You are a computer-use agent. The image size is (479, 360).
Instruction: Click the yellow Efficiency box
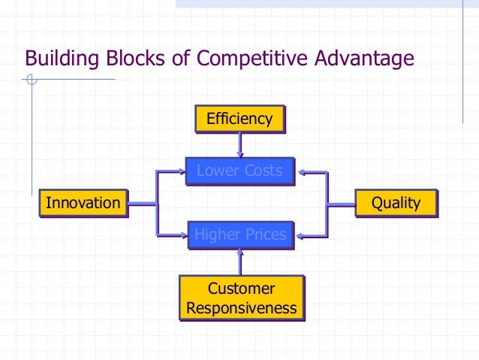pyautogui.click(x=239, y=119)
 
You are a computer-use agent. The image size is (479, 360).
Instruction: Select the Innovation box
pyautogui.click(x=83, y=203)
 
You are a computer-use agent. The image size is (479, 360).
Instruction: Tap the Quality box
pyautogui.click(x=396, y=203)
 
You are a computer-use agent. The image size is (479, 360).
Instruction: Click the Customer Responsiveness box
pyautogui.click(x=241, y=298)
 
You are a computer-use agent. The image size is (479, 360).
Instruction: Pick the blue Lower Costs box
pyautogui.click(x=239, y=171)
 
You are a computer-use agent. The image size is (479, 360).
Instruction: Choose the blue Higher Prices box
pyautogui.click(x=239, y=235)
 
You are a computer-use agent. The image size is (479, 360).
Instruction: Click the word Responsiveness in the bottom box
pyautogui.click(x=241, y=308)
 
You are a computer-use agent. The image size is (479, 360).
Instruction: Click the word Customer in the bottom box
pyautogui.click(x=241, y=289)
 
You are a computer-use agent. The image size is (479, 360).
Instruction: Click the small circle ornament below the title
pyautogui.click(x=30, y=78)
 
